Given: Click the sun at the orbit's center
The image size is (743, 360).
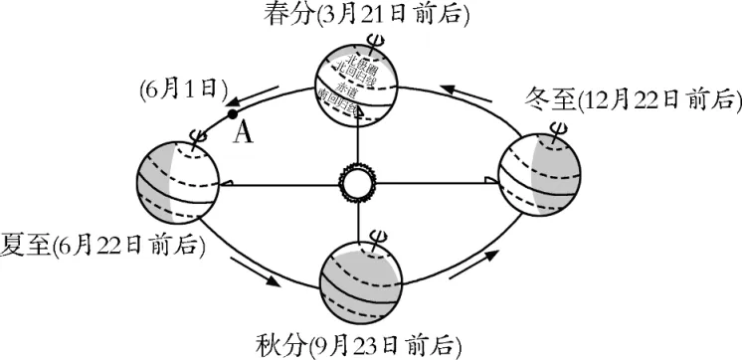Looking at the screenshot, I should [x=355, y=183].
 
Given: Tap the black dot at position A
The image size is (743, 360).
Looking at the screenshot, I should [x=232, y=114].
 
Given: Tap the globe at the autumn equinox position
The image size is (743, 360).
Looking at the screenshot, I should [x=360, y=277].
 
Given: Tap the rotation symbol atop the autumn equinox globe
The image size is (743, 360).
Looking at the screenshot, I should [x=377, y=237].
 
